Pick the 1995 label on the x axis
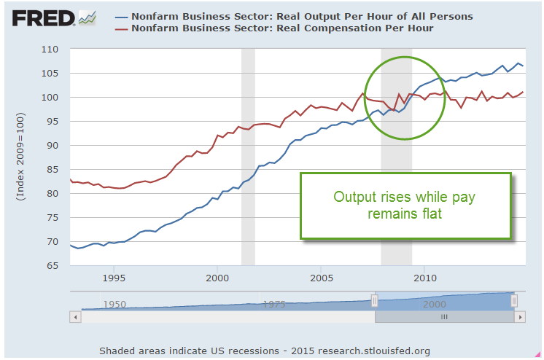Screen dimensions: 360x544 (113, 278)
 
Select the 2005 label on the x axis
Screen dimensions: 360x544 (322, 278)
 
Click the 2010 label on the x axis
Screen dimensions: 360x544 (425, 278)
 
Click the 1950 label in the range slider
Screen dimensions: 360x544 (114, 303)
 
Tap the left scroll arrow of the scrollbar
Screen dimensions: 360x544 (74, 318)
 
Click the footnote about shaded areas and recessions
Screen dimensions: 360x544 (269, 350)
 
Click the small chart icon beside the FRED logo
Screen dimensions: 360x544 (87, 17)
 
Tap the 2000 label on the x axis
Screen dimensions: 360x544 (217, 278)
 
